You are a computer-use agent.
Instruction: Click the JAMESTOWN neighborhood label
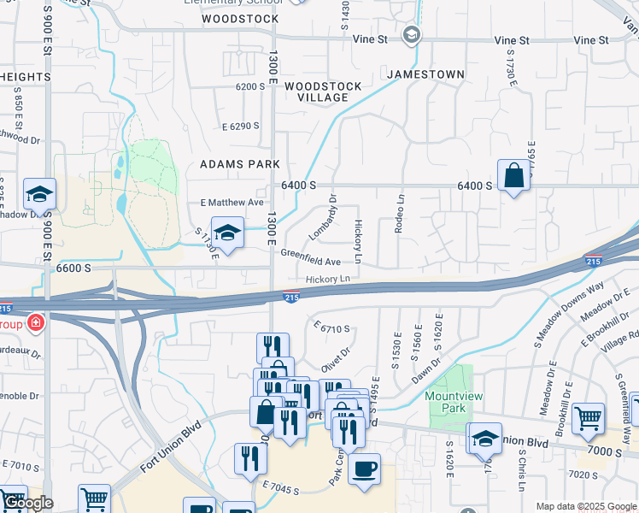(425, 74)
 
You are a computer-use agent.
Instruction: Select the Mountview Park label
(447, 403)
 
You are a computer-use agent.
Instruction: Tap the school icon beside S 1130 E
(227, 233)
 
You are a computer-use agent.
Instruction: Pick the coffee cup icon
(364, 469)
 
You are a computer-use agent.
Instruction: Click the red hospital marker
(35, 323)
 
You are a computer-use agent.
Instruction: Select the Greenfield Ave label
(311, 256)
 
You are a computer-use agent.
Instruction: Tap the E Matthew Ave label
(232, 203)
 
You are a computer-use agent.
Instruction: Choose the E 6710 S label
(332, 328)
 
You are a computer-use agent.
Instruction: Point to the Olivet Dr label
(336, 358)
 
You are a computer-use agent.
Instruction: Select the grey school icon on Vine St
(412, 35)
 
